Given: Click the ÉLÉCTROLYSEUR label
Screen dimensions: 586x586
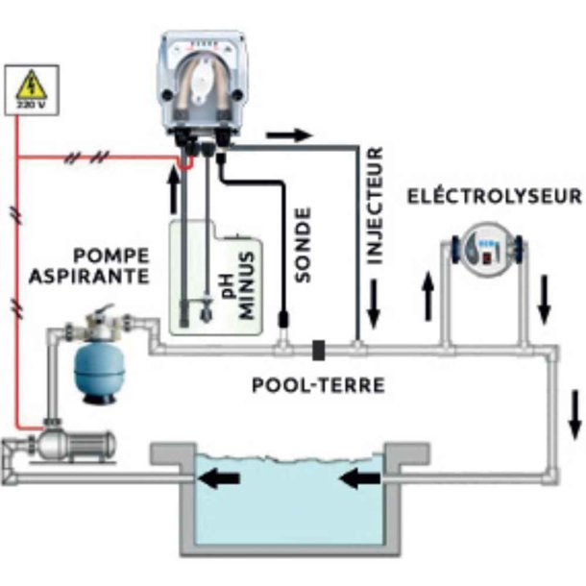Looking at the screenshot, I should pyautogui.click(x=495, y=196).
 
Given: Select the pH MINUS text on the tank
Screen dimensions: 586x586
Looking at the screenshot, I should pyautogui.click(x=236, y=275).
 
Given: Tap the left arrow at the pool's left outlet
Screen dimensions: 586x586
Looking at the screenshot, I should pyautogui.click(x=225, y=475).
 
